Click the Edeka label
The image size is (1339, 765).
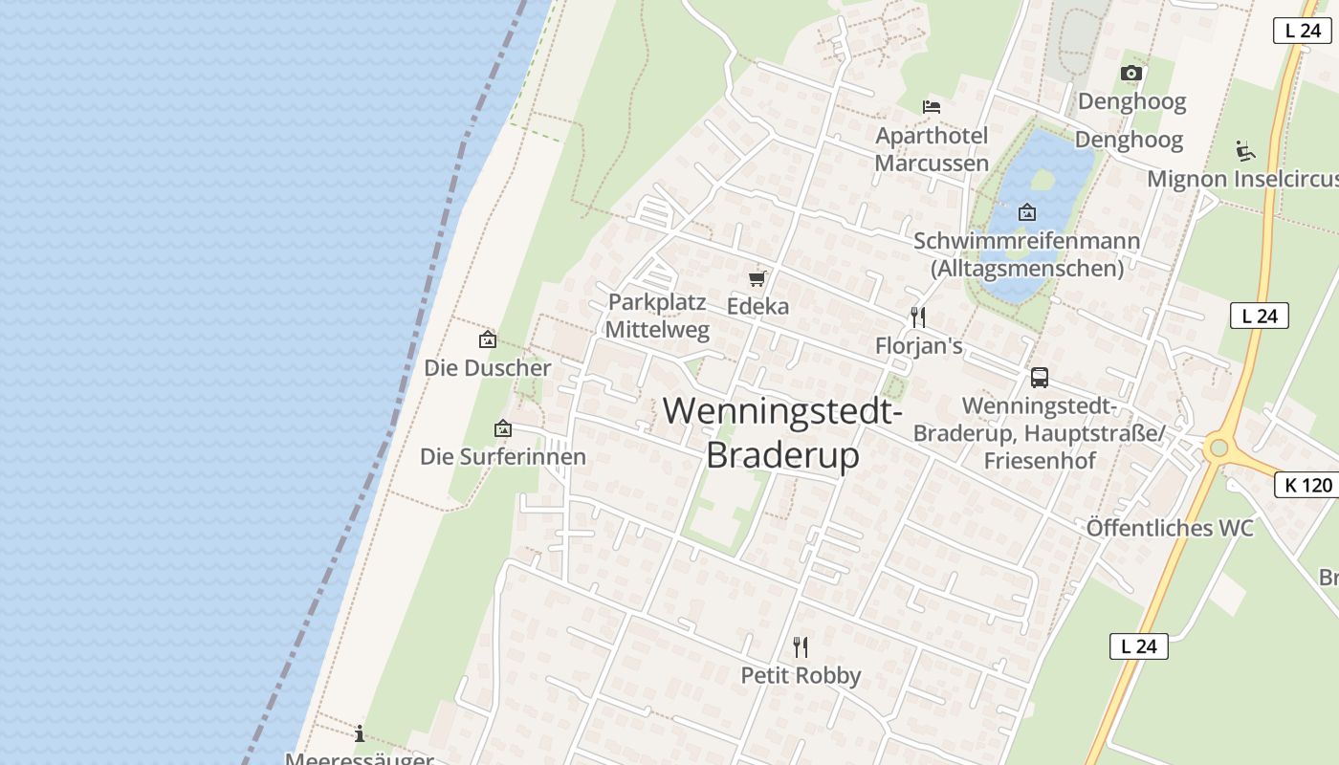click(757, 306)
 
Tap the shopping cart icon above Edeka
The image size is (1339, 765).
click(757, 278)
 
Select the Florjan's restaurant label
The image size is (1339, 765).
click(918, 345)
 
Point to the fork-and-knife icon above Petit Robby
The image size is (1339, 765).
click(801, 647)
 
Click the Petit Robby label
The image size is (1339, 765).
click(801, 675)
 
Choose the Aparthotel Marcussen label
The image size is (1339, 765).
click(932, 149)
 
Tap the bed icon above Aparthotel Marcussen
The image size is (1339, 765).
click(932, 106)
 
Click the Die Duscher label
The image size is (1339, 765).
click(488, 367)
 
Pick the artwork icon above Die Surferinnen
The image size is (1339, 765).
click(503, 429)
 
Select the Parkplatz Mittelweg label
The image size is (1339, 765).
click(658, 317)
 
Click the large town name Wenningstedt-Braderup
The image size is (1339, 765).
click(783, 433)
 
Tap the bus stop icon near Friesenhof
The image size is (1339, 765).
click(1040, 377)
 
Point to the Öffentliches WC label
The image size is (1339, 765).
click(1170, 528)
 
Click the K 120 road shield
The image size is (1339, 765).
click(1307, 485)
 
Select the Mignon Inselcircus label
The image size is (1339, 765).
click(1242, 179)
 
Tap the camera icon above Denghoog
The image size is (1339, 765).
click(1131, 73)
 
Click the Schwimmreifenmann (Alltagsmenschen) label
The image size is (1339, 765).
click(1027, 253)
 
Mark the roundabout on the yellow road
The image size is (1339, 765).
click(1218, 448)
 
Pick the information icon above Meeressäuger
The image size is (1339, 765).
click(360, 733)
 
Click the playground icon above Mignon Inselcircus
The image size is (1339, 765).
click(1244, 150)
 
